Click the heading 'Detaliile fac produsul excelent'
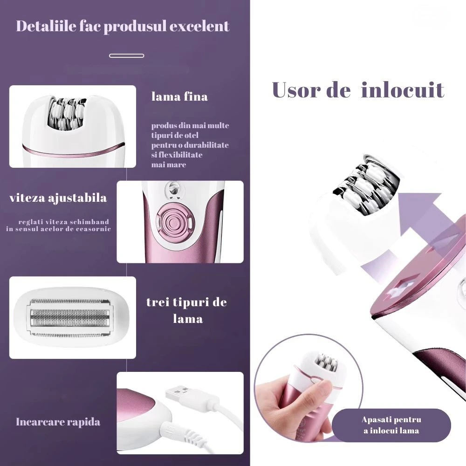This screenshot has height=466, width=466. [x=123, y=27]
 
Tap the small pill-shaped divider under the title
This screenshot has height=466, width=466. [x=127, y=55]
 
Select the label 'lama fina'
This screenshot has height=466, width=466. [x=179, y=96]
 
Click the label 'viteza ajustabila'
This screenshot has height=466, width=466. [x=58, y=198]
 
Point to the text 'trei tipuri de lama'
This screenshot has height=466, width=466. [x=187, y=310]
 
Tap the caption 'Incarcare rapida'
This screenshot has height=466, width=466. [x=58, y=422]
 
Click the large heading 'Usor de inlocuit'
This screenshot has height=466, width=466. [x=358, y=90]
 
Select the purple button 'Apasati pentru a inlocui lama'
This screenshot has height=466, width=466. [x=391, y=425]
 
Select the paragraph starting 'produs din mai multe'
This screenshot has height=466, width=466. [x=190, y=145]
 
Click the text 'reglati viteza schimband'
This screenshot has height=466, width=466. [x=63, y=222]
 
